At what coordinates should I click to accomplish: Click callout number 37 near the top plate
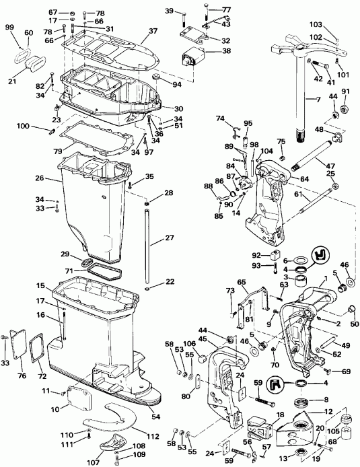(153, 31)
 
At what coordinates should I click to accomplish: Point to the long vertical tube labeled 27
(146, 242)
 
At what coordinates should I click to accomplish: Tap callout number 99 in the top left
(9, 26)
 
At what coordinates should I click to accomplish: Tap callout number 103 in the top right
(334, 24)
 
